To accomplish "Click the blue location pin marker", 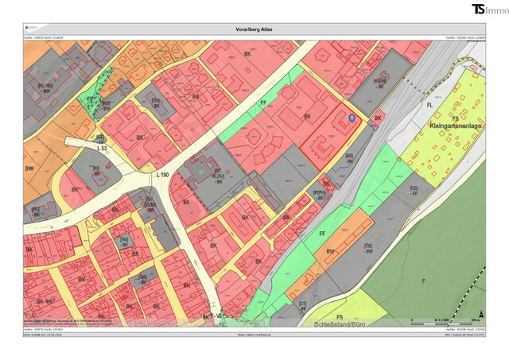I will pyautogui.click(x=352, y=118).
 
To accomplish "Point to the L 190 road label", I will pyautogui.click(x=164, y=174).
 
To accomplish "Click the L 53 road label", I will pyautogui.click(x=102, y=149).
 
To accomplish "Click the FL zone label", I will pyautogui.click(x=429, y=104).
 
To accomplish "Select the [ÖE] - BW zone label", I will pyautogui.click(x=368, y=248).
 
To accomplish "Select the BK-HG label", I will pyautogui.click(x=47, y=303).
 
